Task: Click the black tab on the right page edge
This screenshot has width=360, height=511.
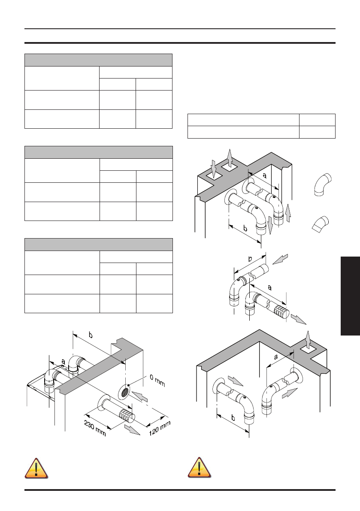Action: (350, 296)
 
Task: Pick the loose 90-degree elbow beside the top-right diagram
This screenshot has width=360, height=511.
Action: (321, 185)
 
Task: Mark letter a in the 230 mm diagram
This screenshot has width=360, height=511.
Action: (63, 362)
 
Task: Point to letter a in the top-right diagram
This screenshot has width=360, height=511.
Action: (264, 175)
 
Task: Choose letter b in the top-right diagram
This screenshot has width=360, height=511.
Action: (245, 230)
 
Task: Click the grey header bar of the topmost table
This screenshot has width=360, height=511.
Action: (98, 60)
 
